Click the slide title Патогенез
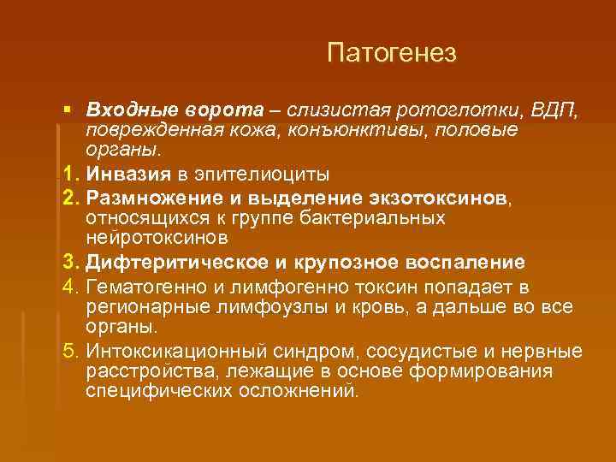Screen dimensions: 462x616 pos(392,54)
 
